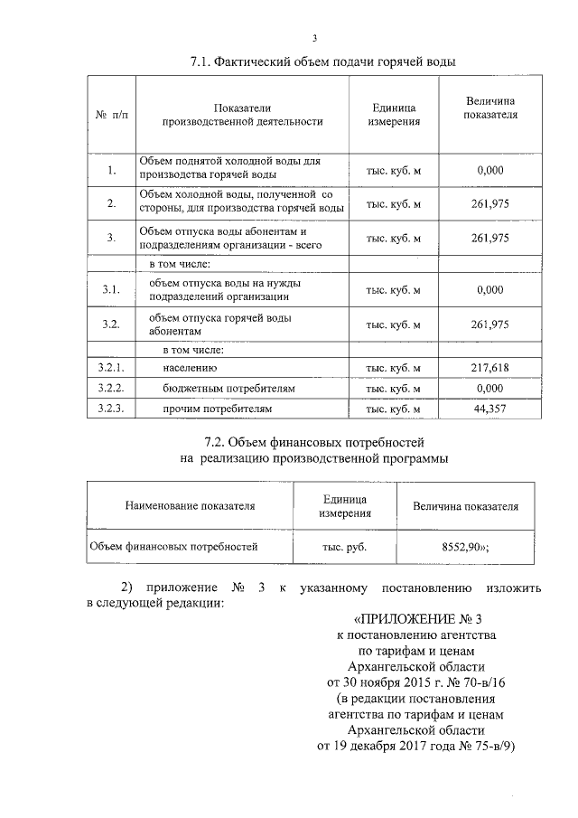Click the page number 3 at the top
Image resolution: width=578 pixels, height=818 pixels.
[x=314, y=37]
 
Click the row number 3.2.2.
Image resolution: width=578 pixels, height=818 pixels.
[x=110, y=389]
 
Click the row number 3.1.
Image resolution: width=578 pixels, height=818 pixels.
[x=110, y=289]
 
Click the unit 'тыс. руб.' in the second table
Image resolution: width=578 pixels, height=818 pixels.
[x=345, y=547]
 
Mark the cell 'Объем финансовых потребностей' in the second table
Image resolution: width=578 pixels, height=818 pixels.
[x=173, y=547]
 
